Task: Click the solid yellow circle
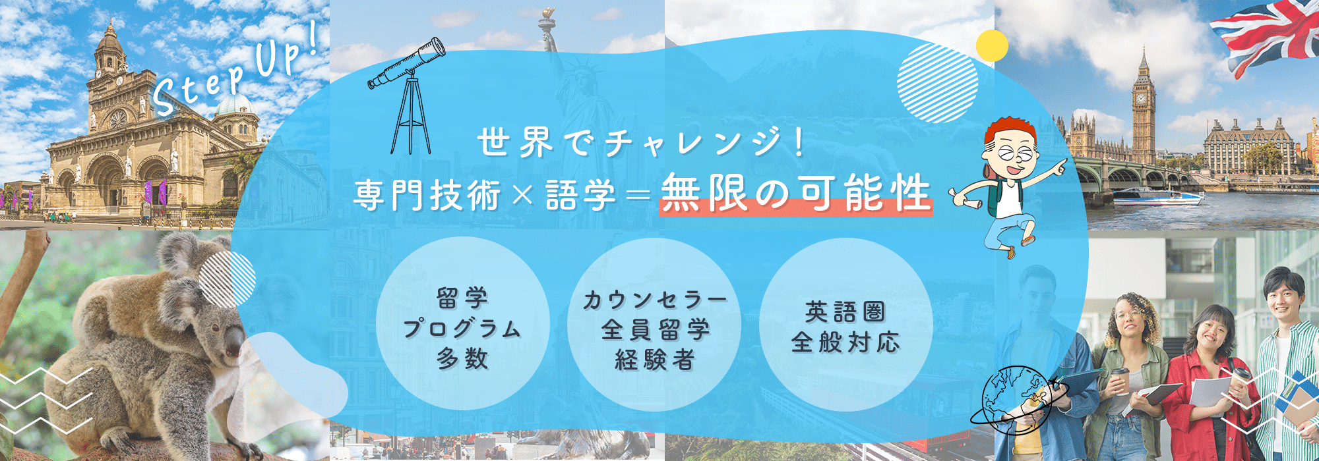click(x=991, y=46)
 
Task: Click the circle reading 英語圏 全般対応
click(x=845, y=325)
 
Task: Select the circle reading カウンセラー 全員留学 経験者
click(x=654, y=325)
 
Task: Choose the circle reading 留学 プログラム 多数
click(x=463, y=325)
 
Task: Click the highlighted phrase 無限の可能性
click(x=796, y=194)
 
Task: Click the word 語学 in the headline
click(x=581, y=196)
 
